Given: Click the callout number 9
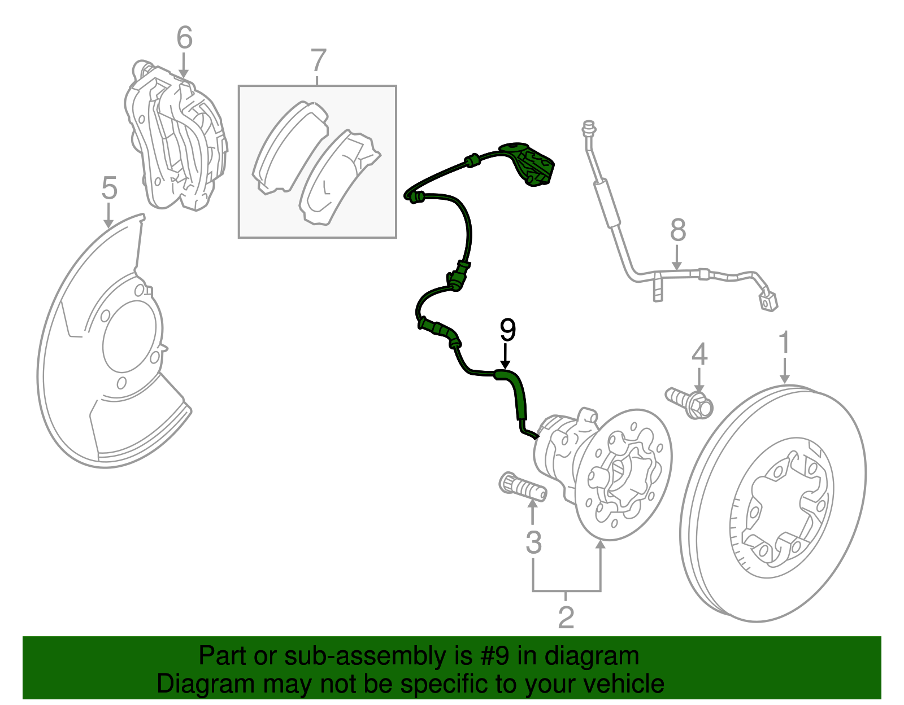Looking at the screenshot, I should click(507, 330).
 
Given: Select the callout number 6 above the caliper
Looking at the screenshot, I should click(184, 38).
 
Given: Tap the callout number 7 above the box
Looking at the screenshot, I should click(319, 60).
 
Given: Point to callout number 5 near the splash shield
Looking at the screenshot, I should click(109, 188).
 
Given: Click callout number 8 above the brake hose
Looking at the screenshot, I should click(678, 230).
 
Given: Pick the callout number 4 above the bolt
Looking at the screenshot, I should click(699, 354).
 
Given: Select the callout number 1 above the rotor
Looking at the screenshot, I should click(784, 343).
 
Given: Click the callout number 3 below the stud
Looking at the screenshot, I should click(533, 542).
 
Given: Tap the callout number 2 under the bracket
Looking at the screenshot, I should click(566, 617).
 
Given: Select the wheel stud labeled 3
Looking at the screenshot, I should click(523, 488).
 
